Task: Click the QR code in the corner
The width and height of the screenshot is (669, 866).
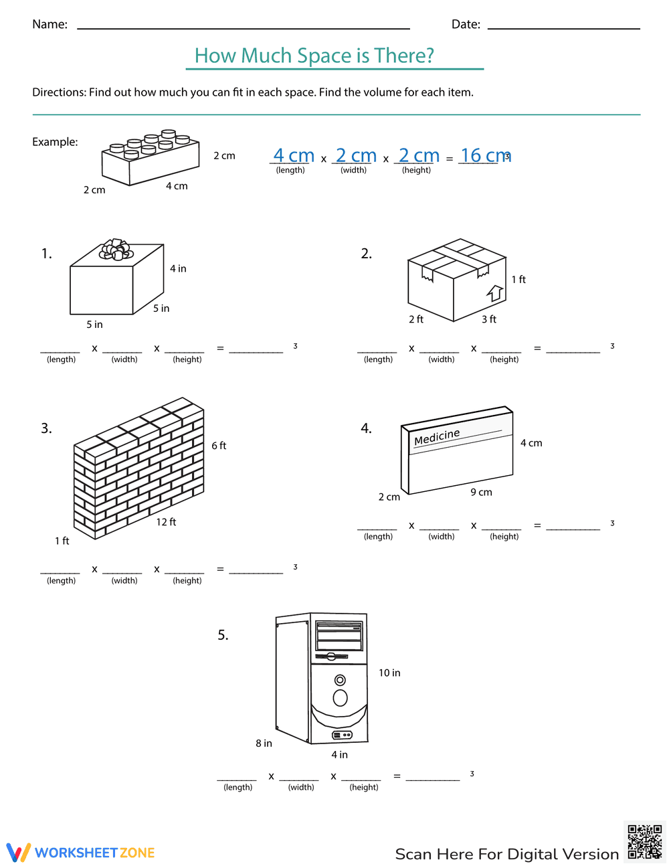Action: pyautogui.click(x=644, y=841)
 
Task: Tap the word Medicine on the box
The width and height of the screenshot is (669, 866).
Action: pyautogui.click(x=437, y=437)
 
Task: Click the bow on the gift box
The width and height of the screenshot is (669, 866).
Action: pyautogui.click(x=116, y=250)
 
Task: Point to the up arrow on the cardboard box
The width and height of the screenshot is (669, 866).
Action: pyautogui.click(x=495, y=292)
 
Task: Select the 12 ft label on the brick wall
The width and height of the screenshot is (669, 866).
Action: pyautogui.click(x=166, y=522)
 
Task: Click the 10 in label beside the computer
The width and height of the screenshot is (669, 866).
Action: pyautogui.click(x=389, y=673)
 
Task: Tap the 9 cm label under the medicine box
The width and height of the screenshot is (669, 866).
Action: pyautogui.click(x=481, y=492)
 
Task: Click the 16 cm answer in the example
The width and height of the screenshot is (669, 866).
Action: pyautogui.click(x=485, y=155)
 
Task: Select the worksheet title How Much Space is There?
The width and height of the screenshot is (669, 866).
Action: pyautogui.click(x=314, y=56)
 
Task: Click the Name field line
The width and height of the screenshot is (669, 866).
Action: pyautogui.click(x=244, y=27)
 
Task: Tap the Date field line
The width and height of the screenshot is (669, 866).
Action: pyautogui.click(x=563, y=27)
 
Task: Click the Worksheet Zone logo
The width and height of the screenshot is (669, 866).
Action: pyautogui.click(x=80, y=852)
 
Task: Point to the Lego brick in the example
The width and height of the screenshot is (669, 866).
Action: pyautogui.click(x=150, y=158)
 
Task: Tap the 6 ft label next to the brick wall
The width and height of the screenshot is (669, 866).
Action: pyautogui.click(x=219, y=446)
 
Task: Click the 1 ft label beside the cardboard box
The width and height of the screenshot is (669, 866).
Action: pyautogui.click(x=518, y=279)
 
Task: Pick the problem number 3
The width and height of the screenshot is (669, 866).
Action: pyautogui.click(x=46, y=428)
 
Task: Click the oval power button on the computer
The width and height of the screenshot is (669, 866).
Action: pyautogui.click(x=340, y=698)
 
